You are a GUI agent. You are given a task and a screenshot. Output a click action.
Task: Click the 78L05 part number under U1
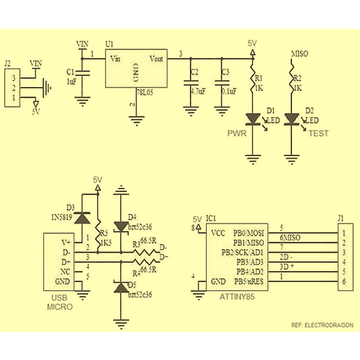click(x=145, y=92)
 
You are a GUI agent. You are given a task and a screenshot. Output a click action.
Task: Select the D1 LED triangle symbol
click(x=253, y=118)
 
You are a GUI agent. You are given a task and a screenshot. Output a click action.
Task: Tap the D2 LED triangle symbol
click(x=291, y=118)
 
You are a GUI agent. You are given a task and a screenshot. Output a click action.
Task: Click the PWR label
click(x=237, y=133)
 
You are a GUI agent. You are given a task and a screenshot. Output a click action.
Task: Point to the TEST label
click(x=318, y=133)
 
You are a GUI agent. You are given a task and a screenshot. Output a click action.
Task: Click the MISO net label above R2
click(x=299, y=54)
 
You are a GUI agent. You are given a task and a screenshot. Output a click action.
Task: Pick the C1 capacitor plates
click(x=82, y=72)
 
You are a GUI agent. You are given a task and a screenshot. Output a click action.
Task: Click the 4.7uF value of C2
click(x=198, y=91)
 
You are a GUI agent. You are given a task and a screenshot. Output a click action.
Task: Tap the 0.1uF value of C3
click(x=229, y=91)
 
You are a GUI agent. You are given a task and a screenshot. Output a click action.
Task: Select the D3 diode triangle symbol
click(x=82, y=218)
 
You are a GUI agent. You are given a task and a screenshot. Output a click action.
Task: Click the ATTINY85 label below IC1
click(x=237, y=297)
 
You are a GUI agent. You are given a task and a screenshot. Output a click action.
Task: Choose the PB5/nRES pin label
click(x=249, y=282)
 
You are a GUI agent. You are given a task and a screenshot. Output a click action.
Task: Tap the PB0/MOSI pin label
click(x=248, y=233)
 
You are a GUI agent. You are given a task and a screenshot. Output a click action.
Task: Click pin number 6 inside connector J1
click(x=344, y=281)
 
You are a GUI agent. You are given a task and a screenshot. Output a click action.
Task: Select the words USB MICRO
click(x=60, y=302)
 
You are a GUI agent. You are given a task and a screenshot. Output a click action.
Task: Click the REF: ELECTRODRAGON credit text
click(x=322, y=325)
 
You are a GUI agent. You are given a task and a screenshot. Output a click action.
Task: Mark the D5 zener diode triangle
click(x=121, y=288)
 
